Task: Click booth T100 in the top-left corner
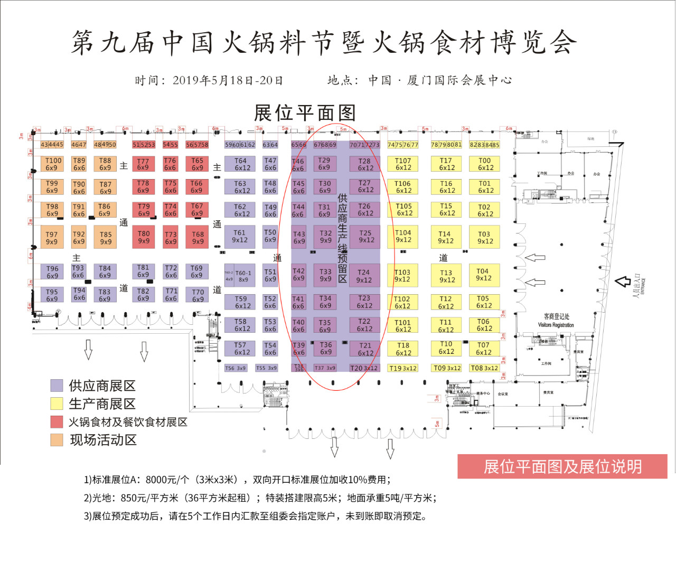tap(52, 164)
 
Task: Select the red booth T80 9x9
tap(144, 237)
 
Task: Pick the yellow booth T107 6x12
tap(403, 164)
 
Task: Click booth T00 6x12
tap(485, 164)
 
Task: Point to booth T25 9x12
tap(365, 236)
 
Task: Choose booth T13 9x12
tap(446, 276)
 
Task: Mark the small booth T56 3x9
tap(236, 368)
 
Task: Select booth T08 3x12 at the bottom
tap(484, 368)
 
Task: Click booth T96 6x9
tap(52, 272)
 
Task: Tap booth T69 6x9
tap(196, 271)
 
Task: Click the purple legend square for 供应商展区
tap(57, 386)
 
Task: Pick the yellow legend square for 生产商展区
tap(57, 404)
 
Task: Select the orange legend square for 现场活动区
tap(57, 439)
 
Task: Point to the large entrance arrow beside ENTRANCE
tap(623, 281)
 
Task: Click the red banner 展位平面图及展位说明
tap(562, 466)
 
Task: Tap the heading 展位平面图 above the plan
tap(305, 113)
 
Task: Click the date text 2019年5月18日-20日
tap(228, 80)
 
